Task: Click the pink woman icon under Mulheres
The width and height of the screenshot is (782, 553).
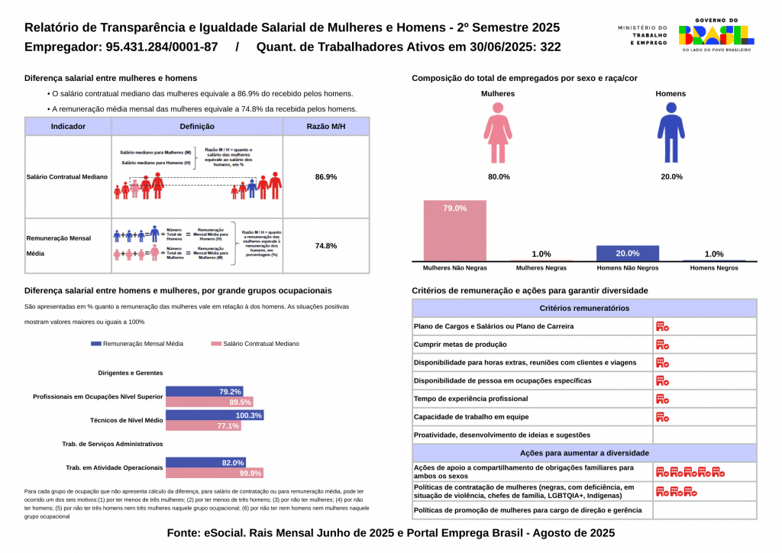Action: pyautogui.click(x=497, y=134)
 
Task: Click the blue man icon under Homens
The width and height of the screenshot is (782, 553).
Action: pyautogui.click(x=671, y=134)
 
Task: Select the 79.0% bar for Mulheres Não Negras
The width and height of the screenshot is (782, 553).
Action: pyautogui.click(x=454, y=231)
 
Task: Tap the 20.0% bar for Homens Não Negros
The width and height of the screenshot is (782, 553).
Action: pyautogui.click(x=627, y=254)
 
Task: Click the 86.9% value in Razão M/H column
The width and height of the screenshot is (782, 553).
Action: pyautogui.click(x=326, y=176)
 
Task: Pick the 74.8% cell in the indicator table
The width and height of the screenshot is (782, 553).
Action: pyautogui.click(x=326, y=246)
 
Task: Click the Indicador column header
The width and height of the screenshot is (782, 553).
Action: pyautogui.click(x=68, y=126)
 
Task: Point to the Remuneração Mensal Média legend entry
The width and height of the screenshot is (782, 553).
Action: pyautogui.click(x=137, y=344)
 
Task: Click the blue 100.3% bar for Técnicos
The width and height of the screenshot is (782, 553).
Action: pyautogui.click(x=215, y=416)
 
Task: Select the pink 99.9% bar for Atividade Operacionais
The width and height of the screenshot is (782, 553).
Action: pyautogui.click(x=215, y=473)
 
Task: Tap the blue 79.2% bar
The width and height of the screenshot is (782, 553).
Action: pyautogui.click(x=204, y=392)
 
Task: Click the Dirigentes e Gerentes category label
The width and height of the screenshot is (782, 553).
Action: pyautogui.click(x=131, y=373)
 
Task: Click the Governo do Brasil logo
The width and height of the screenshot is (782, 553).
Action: pyautogui.click(x=716, y=34)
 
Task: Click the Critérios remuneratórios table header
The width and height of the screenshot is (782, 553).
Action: pyautogui.click(x=584, y=309)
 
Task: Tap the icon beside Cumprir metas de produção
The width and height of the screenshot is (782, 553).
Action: pyautogui.click(x=662, y=344)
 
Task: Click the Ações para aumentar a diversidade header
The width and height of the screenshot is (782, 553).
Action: pyautogui.click(x=584, y=453)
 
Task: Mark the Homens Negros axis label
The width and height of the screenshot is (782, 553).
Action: pyautogui.click(x=713, y=268)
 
